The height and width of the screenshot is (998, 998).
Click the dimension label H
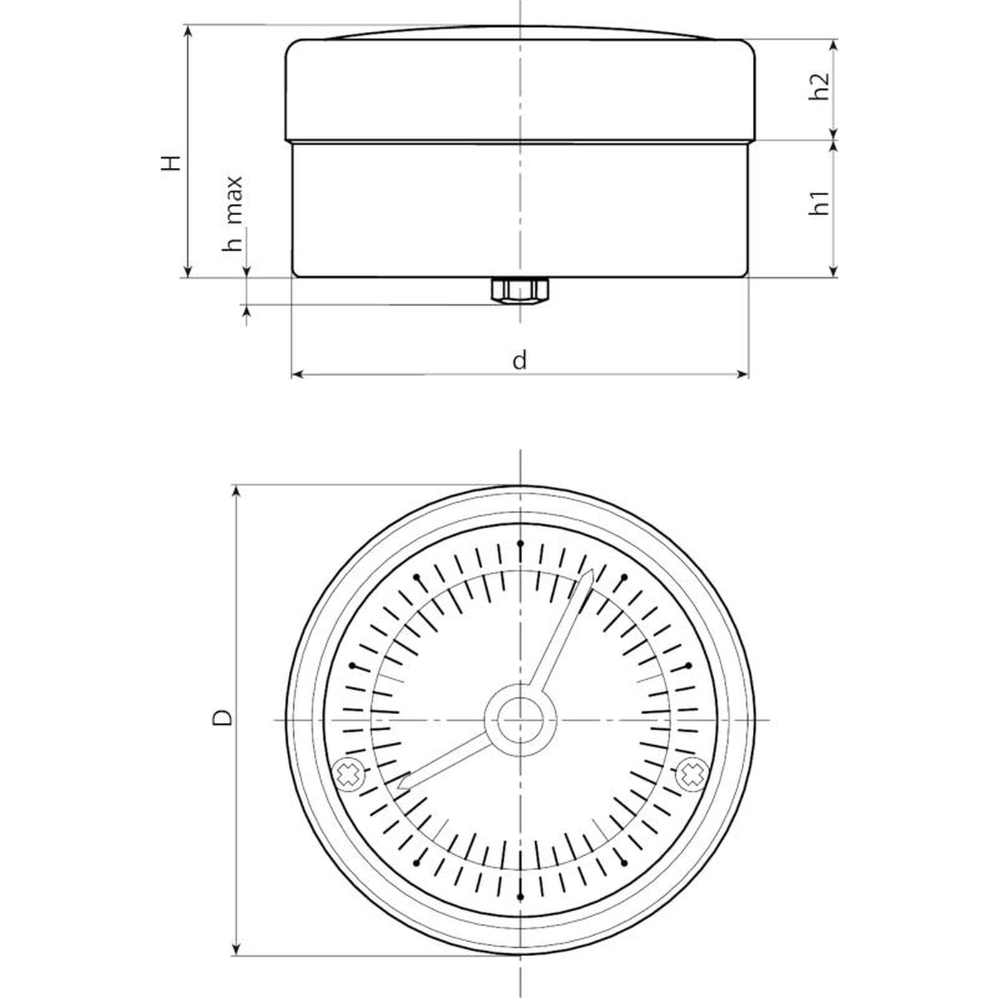point(171,162)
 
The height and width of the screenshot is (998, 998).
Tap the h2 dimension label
point(821,86)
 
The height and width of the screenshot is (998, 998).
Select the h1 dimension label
point(821,203)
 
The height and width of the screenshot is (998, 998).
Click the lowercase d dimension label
point(520,360)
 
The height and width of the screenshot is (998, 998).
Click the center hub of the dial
point(520,720)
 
